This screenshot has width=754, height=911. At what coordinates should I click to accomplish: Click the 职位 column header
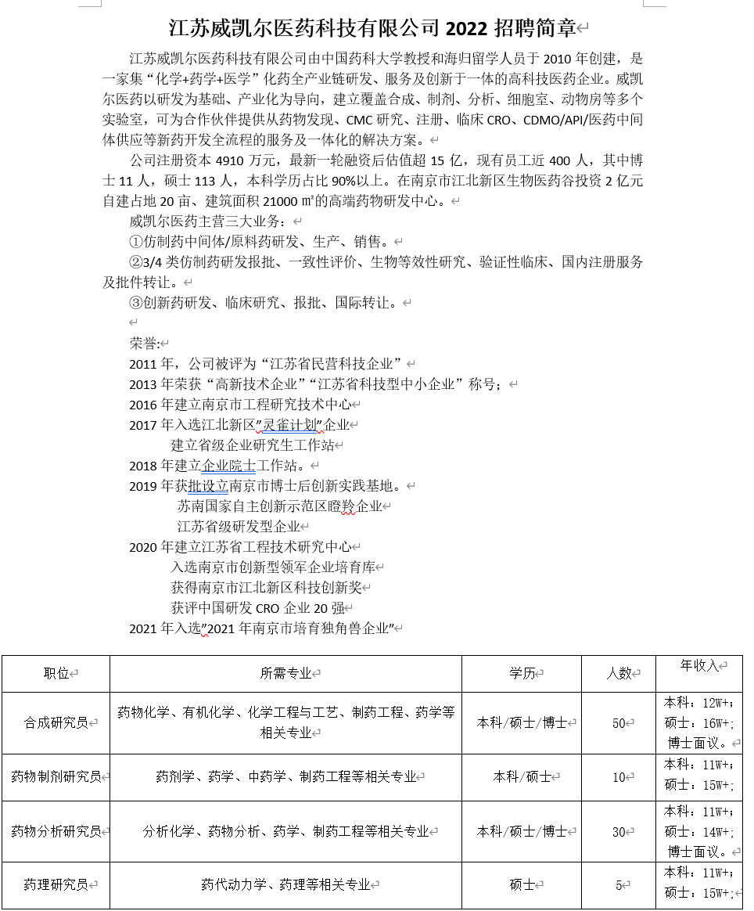coord(56,673)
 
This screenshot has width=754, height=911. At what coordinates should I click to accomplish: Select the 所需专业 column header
coord(285,673)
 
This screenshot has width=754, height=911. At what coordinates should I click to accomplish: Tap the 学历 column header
coord(522,673)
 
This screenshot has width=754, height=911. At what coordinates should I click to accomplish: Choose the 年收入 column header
coord(698,665)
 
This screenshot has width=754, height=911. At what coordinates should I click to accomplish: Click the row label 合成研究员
coord(56,723)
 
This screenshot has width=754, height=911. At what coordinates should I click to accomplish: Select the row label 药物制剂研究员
coord(56,777)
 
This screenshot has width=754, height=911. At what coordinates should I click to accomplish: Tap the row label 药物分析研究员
coord(56,831)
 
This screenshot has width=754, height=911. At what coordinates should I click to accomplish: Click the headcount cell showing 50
coord(619,723)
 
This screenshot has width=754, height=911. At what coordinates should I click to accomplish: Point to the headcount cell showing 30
coord(619,831)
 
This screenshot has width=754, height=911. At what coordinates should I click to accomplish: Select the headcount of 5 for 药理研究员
coord(619,885)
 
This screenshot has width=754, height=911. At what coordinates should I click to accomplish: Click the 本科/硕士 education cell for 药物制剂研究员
coord(522,777)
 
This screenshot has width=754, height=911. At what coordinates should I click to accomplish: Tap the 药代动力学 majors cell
coord(285,885)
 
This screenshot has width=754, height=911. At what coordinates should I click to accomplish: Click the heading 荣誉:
coord(144,343)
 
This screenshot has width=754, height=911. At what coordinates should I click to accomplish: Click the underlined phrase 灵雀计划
coord(290,425)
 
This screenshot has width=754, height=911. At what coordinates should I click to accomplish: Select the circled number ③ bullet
coord(136,302)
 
